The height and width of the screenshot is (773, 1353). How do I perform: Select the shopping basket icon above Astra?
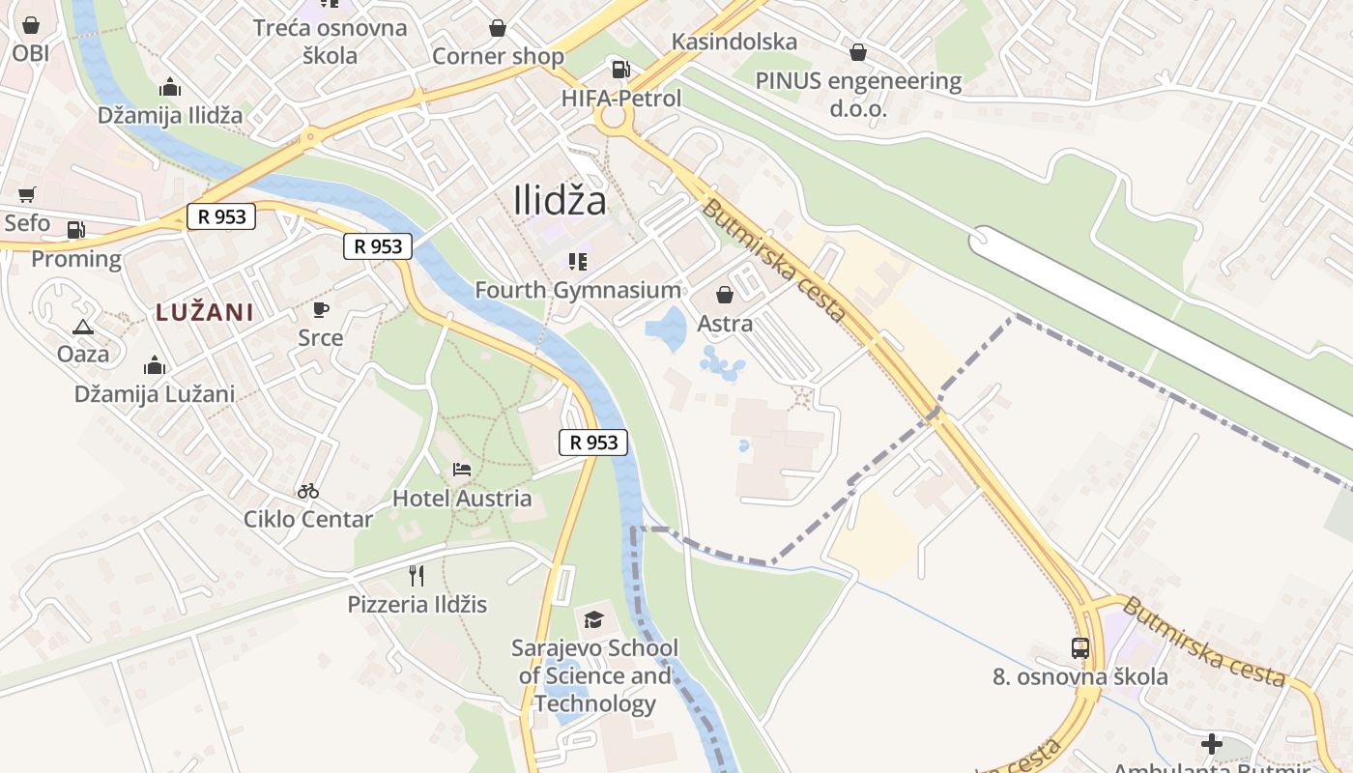point(725,295)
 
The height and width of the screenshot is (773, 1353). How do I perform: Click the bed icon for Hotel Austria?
point(462,470)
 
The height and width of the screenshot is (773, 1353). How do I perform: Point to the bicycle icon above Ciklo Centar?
point(308,491)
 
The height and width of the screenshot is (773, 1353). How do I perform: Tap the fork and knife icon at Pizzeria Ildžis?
point(417,576)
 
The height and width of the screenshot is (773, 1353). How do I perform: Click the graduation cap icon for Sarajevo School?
point(593,618)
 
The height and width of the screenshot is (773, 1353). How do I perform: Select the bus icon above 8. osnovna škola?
point(1080,648)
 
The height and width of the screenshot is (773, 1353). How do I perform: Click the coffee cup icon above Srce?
point(320,309)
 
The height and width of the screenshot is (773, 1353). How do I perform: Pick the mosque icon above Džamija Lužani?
point(155,365)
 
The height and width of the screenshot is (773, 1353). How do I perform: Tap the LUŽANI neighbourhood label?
point(205,312)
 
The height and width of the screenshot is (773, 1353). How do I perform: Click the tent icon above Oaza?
point(83,327)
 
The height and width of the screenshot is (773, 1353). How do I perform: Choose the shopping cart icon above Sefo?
point(27,195)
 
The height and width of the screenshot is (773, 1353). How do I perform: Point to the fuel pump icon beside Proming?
point(76,230)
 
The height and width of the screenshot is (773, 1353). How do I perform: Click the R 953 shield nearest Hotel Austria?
point(593,443)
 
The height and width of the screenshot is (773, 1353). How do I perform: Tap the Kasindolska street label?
point(734,42)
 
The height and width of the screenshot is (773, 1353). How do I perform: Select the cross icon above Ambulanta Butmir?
point(1211,744)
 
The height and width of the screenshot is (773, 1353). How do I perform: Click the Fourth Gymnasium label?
point(578,290)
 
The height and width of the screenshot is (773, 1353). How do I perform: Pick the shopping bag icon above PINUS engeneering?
point(858,52)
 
